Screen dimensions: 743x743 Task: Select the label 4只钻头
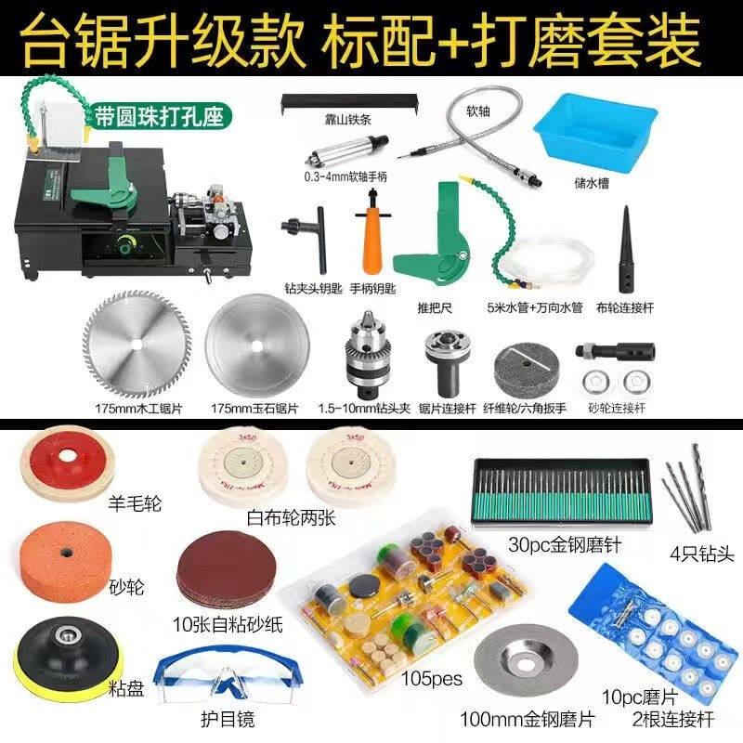click(702, 554)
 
